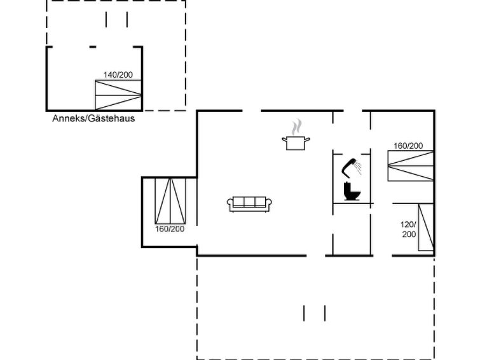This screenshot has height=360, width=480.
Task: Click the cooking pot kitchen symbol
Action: [x=296, y=143]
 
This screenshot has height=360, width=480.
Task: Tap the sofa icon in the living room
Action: [x=249, y=204]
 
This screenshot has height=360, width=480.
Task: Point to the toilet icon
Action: [x=352, y=191]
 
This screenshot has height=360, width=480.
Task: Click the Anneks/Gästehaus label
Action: [x=93, y=118]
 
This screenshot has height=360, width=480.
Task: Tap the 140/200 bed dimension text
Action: [x=118, y=75]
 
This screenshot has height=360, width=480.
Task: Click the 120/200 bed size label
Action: [x=409, y=230]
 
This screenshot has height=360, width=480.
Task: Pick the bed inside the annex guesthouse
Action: [x=118, y=95]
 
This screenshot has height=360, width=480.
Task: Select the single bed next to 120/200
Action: [x=426, y=227]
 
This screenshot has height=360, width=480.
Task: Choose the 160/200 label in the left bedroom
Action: [x=170, y=229]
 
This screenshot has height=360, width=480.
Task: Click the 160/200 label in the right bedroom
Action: [x=408, y=146]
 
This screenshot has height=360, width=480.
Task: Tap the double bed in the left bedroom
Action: [x=170, y=201]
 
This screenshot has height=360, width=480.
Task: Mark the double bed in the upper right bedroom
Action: [x=411, y=166]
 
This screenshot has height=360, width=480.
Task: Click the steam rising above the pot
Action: [x=296, y=127]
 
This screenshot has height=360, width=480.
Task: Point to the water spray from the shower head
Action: [x=358, y=167]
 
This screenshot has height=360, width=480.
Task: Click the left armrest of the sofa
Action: [x=230, y=203]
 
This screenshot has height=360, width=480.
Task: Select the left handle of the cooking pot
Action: [x=284, y=140]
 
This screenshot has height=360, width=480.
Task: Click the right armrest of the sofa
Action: [x=268, y=203]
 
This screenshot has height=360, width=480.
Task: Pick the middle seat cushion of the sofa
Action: [x=249, y=202]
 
